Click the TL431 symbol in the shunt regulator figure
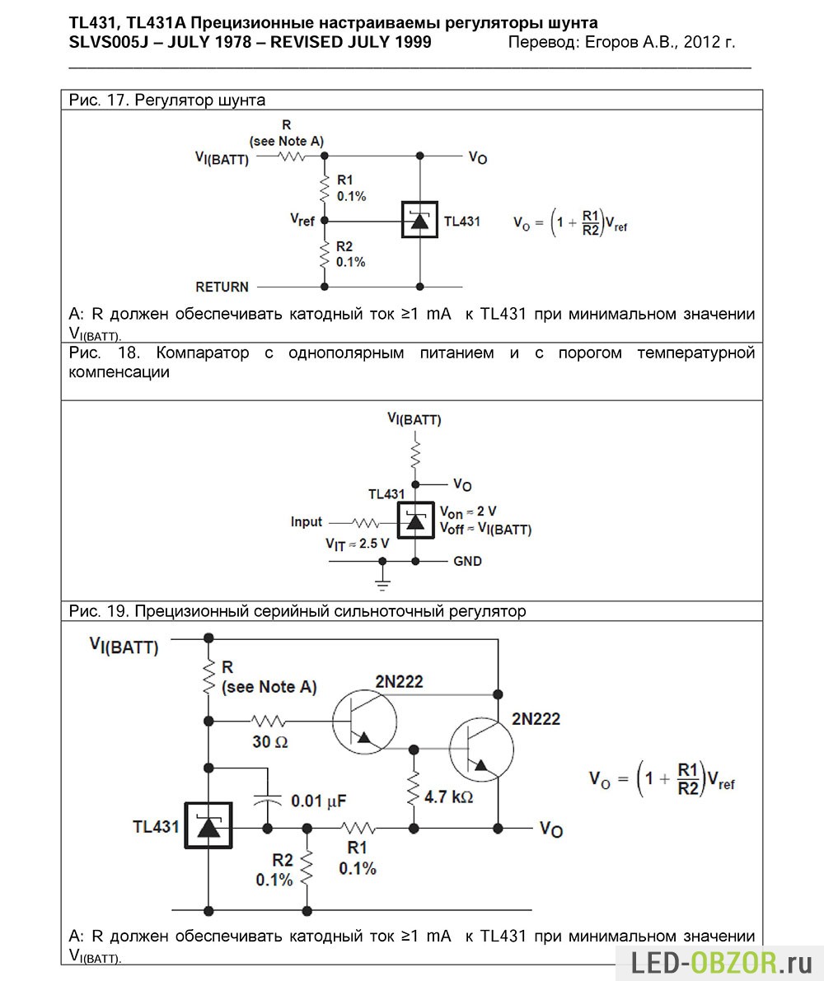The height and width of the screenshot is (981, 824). (x=419, y=220)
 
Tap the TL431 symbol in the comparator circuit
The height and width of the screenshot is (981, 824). (x=415, y=521)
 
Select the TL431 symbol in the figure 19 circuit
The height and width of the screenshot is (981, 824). (x=208, y=826)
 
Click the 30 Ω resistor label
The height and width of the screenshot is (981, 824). (x=269, y=742)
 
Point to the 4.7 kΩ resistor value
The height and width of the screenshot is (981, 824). (x=448, y=797)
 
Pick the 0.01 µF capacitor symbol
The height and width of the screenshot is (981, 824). (x=267, y=798)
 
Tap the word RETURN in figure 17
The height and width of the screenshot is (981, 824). (x=222, y=287)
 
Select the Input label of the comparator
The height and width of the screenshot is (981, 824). (x=306, y=521)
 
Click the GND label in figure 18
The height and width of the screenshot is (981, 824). (x=467, y=561)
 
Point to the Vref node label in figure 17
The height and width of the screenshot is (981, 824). (x=302, y=220)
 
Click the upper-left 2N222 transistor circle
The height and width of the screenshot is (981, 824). (x=364, y=722)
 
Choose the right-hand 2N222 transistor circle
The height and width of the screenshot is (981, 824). (x=481, y=749)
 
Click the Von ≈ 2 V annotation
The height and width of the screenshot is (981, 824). (x=468, y=512)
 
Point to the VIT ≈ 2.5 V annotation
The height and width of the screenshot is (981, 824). (x=358, y=544)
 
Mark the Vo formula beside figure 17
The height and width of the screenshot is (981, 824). (x=570, y=222)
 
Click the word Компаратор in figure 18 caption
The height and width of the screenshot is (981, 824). (x=202, y=353)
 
